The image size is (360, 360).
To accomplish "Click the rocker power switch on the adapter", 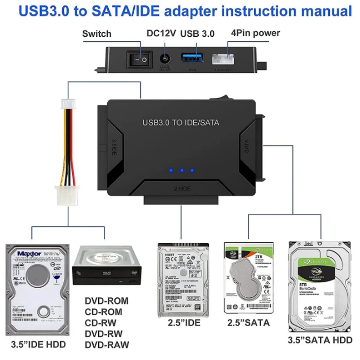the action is [x=139, y=59].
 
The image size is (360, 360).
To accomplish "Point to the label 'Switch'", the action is [x=96, y=34].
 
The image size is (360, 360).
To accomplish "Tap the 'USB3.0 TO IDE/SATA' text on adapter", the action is [x=181, y=122].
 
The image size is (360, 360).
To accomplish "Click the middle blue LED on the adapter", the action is [x=182, y=171].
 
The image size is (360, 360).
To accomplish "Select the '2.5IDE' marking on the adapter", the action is [x=182, y=188].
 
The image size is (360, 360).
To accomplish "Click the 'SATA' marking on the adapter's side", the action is [x=247, y=146].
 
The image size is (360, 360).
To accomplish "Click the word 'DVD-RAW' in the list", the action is [x=107, y=345].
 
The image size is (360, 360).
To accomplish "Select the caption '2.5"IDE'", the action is [x=184, y=323].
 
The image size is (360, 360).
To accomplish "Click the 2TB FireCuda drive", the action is [x=249, y=277].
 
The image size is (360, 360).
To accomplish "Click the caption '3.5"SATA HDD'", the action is [x=320, y=340].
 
